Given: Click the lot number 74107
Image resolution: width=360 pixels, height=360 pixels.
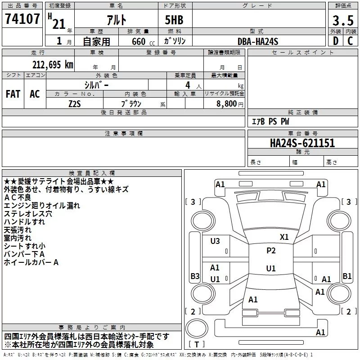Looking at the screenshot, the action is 22,18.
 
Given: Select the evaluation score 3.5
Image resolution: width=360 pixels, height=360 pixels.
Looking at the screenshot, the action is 343,20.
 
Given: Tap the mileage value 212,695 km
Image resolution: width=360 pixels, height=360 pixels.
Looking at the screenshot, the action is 53,65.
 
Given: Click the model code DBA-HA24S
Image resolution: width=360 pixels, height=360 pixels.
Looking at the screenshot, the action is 258,41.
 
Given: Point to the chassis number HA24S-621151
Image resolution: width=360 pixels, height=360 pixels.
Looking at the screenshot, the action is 302,143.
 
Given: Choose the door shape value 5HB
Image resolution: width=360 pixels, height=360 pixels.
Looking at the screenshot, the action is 174,20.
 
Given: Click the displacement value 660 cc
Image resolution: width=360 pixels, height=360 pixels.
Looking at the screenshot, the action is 143,41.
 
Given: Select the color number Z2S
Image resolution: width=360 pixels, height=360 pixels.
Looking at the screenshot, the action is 75,104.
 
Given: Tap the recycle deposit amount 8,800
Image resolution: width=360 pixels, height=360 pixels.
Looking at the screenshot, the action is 227,104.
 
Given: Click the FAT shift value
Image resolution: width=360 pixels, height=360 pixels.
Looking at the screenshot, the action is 13,94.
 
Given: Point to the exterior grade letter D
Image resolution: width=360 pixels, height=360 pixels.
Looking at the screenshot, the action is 336,41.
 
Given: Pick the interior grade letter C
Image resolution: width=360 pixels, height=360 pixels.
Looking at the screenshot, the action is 350,41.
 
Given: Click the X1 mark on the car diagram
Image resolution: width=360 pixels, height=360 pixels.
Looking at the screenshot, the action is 284,237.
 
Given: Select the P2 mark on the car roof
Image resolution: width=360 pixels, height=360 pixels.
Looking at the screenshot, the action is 271,251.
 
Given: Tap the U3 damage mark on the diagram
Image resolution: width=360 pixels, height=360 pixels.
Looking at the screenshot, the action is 215,241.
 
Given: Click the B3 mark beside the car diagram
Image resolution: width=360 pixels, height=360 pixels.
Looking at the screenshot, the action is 195,276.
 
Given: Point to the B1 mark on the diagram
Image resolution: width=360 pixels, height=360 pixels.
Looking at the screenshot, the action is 347,276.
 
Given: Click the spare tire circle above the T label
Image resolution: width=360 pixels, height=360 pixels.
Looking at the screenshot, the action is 197,328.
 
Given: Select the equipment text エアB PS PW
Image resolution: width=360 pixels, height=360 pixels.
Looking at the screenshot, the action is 270,121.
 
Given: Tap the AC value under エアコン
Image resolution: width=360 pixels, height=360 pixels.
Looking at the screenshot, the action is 35,94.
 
